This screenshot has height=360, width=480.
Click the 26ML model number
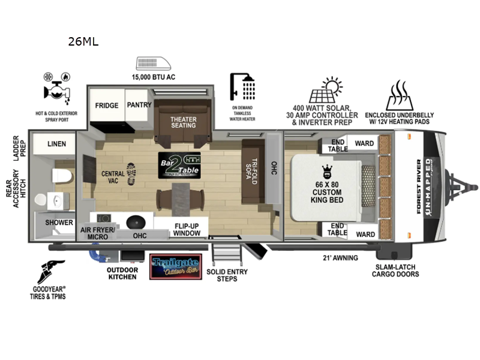(84, 42)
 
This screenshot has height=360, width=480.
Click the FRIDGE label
(107, 106)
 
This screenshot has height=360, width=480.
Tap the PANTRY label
(139, 105)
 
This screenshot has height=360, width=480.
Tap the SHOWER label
(59, 223)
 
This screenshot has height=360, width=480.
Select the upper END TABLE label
(337, 146)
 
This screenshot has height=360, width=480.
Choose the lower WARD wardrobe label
(365, 234)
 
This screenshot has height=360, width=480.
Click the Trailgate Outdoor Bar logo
(176, 266)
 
